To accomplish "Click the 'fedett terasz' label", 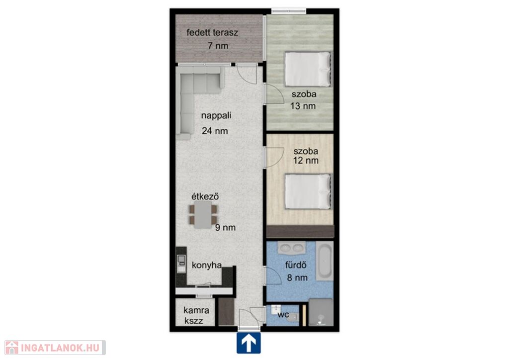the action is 212,32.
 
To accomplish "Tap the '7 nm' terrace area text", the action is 218,46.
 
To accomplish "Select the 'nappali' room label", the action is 216,116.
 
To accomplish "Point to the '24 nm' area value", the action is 215,131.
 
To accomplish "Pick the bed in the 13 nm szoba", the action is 308,69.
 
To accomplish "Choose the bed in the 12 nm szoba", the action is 308,191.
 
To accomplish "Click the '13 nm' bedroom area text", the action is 303,106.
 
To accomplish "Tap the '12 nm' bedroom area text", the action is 306,161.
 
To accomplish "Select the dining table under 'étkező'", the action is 203,215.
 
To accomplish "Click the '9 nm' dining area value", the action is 225,228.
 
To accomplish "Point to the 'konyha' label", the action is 207,265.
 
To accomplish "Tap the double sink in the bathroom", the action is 292,248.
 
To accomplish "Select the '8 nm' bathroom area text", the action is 297,277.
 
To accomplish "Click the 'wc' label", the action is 283,314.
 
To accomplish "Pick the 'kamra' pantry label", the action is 196,310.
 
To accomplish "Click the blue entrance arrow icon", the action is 249,343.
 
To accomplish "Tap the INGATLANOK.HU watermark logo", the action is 55,348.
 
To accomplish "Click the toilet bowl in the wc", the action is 293,317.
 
